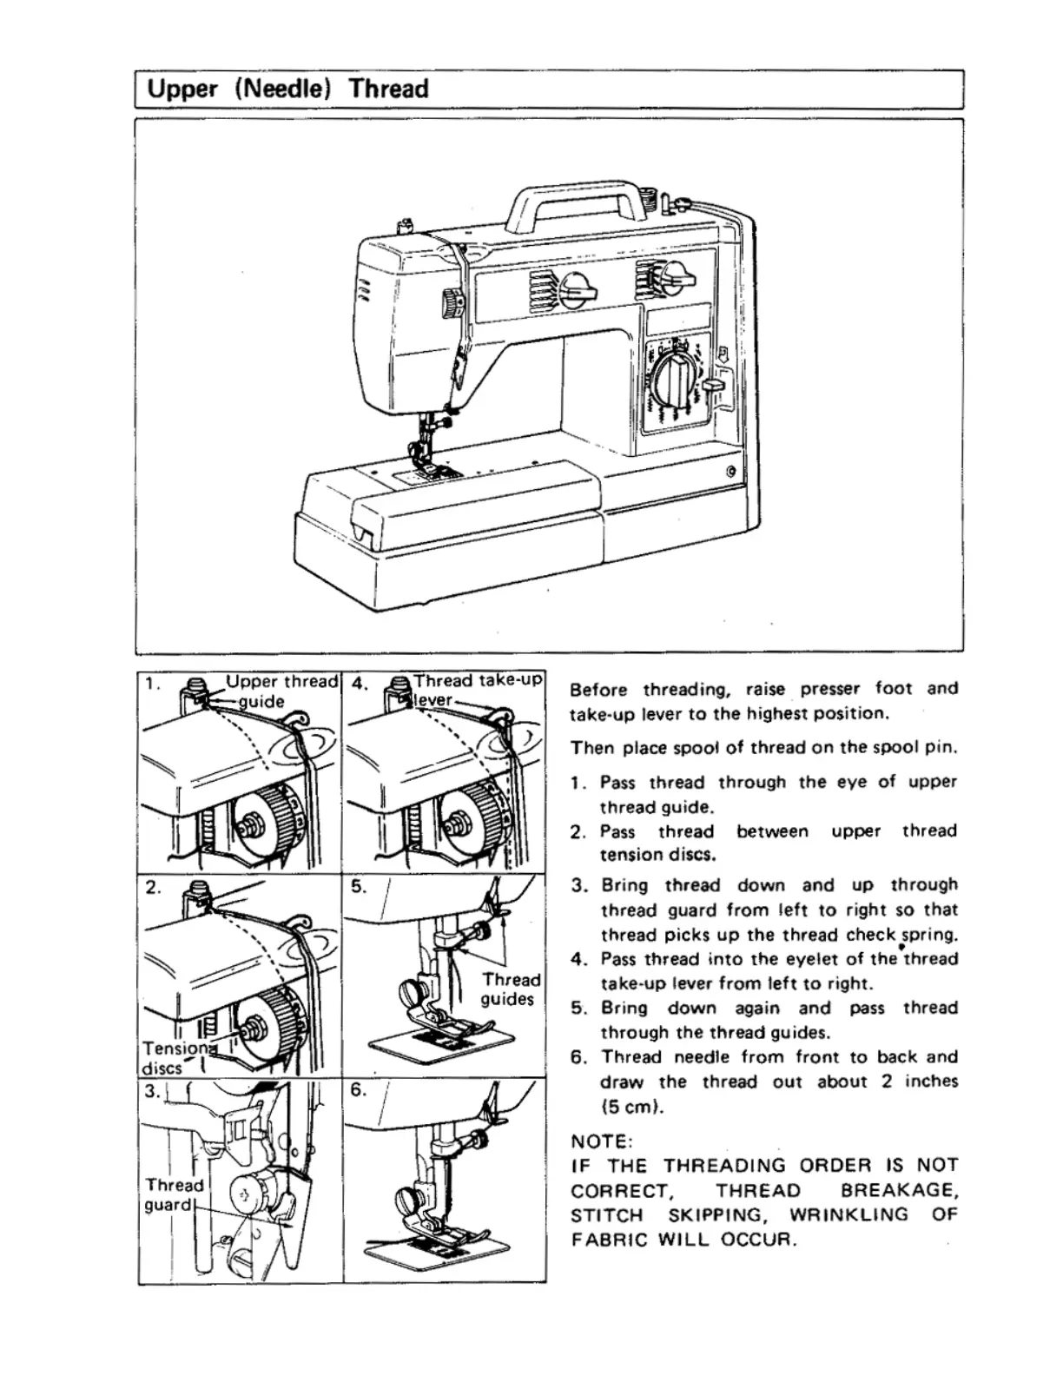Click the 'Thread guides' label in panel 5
coord(510,989)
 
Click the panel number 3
coord(152,1090)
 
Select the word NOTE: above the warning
coord(602,1141)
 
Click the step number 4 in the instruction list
coord(578,959)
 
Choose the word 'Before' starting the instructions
coord(598,690)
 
